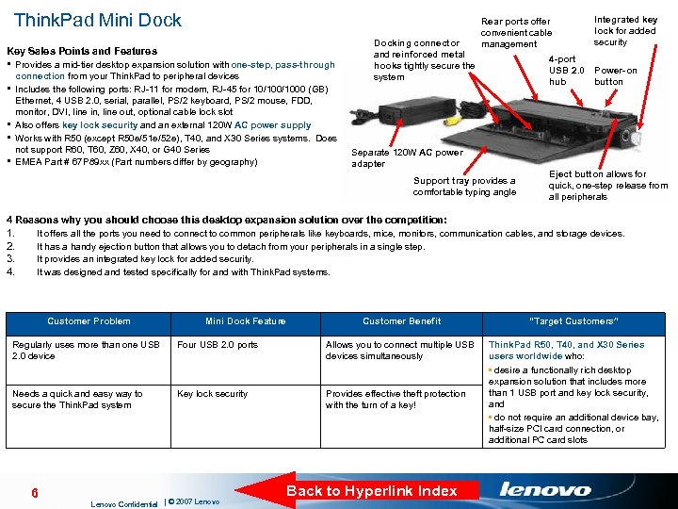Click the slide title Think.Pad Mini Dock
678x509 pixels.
(x=98, y=20)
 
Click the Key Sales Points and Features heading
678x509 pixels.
(x=82, y=51)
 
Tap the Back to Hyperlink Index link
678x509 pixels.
(x=371, y=490)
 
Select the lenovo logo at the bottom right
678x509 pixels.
(x=545, y=489)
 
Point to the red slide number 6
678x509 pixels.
(x=34, y=493)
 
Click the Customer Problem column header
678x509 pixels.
(x=89, y=321)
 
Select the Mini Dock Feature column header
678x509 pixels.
(x=245, y=321)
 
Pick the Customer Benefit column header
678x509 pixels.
(x=401, y=321)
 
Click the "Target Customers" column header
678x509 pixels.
(x=573, y=321)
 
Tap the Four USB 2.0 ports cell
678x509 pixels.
(x=218, y=345)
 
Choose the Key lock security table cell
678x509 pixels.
(x=212, y=394)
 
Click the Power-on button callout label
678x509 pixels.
(x=615, y=76)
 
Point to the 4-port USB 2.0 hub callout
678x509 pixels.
(x=567, y=71)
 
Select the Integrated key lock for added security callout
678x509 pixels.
(x=624, y=30)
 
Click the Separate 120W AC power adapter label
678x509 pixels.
(x=406, y=157)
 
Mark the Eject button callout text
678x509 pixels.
(x=607, y=186)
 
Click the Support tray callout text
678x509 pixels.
(x=464, y=187)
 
